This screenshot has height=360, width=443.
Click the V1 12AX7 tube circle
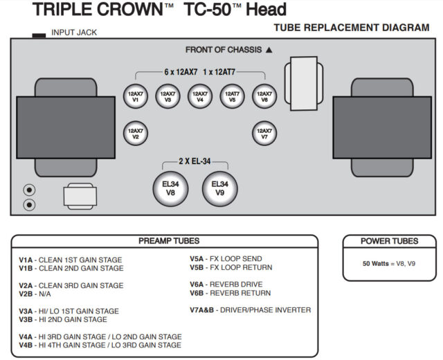point(136,96)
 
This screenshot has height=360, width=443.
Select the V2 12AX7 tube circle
point(136,132)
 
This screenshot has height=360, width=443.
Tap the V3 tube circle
point(168,96)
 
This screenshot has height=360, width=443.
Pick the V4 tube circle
point(200,96)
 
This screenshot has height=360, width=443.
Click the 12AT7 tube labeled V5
point(232,96)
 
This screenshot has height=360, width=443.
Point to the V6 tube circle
point(264,96)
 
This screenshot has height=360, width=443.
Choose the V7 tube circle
point(264,132)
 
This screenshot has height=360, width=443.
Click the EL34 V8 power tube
point(171,188)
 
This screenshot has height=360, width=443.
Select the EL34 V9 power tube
point(219,188)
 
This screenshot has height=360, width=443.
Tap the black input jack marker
point(39,33)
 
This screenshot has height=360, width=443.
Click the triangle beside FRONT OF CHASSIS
point(269,50)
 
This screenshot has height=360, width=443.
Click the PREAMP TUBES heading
point(169,241)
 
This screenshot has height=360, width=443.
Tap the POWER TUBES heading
point(389,241)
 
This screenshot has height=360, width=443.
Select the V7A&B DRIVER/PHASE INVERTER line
point(250,309)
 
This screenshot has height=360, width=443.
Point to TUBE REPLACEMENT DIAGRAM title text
point(352,28)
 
